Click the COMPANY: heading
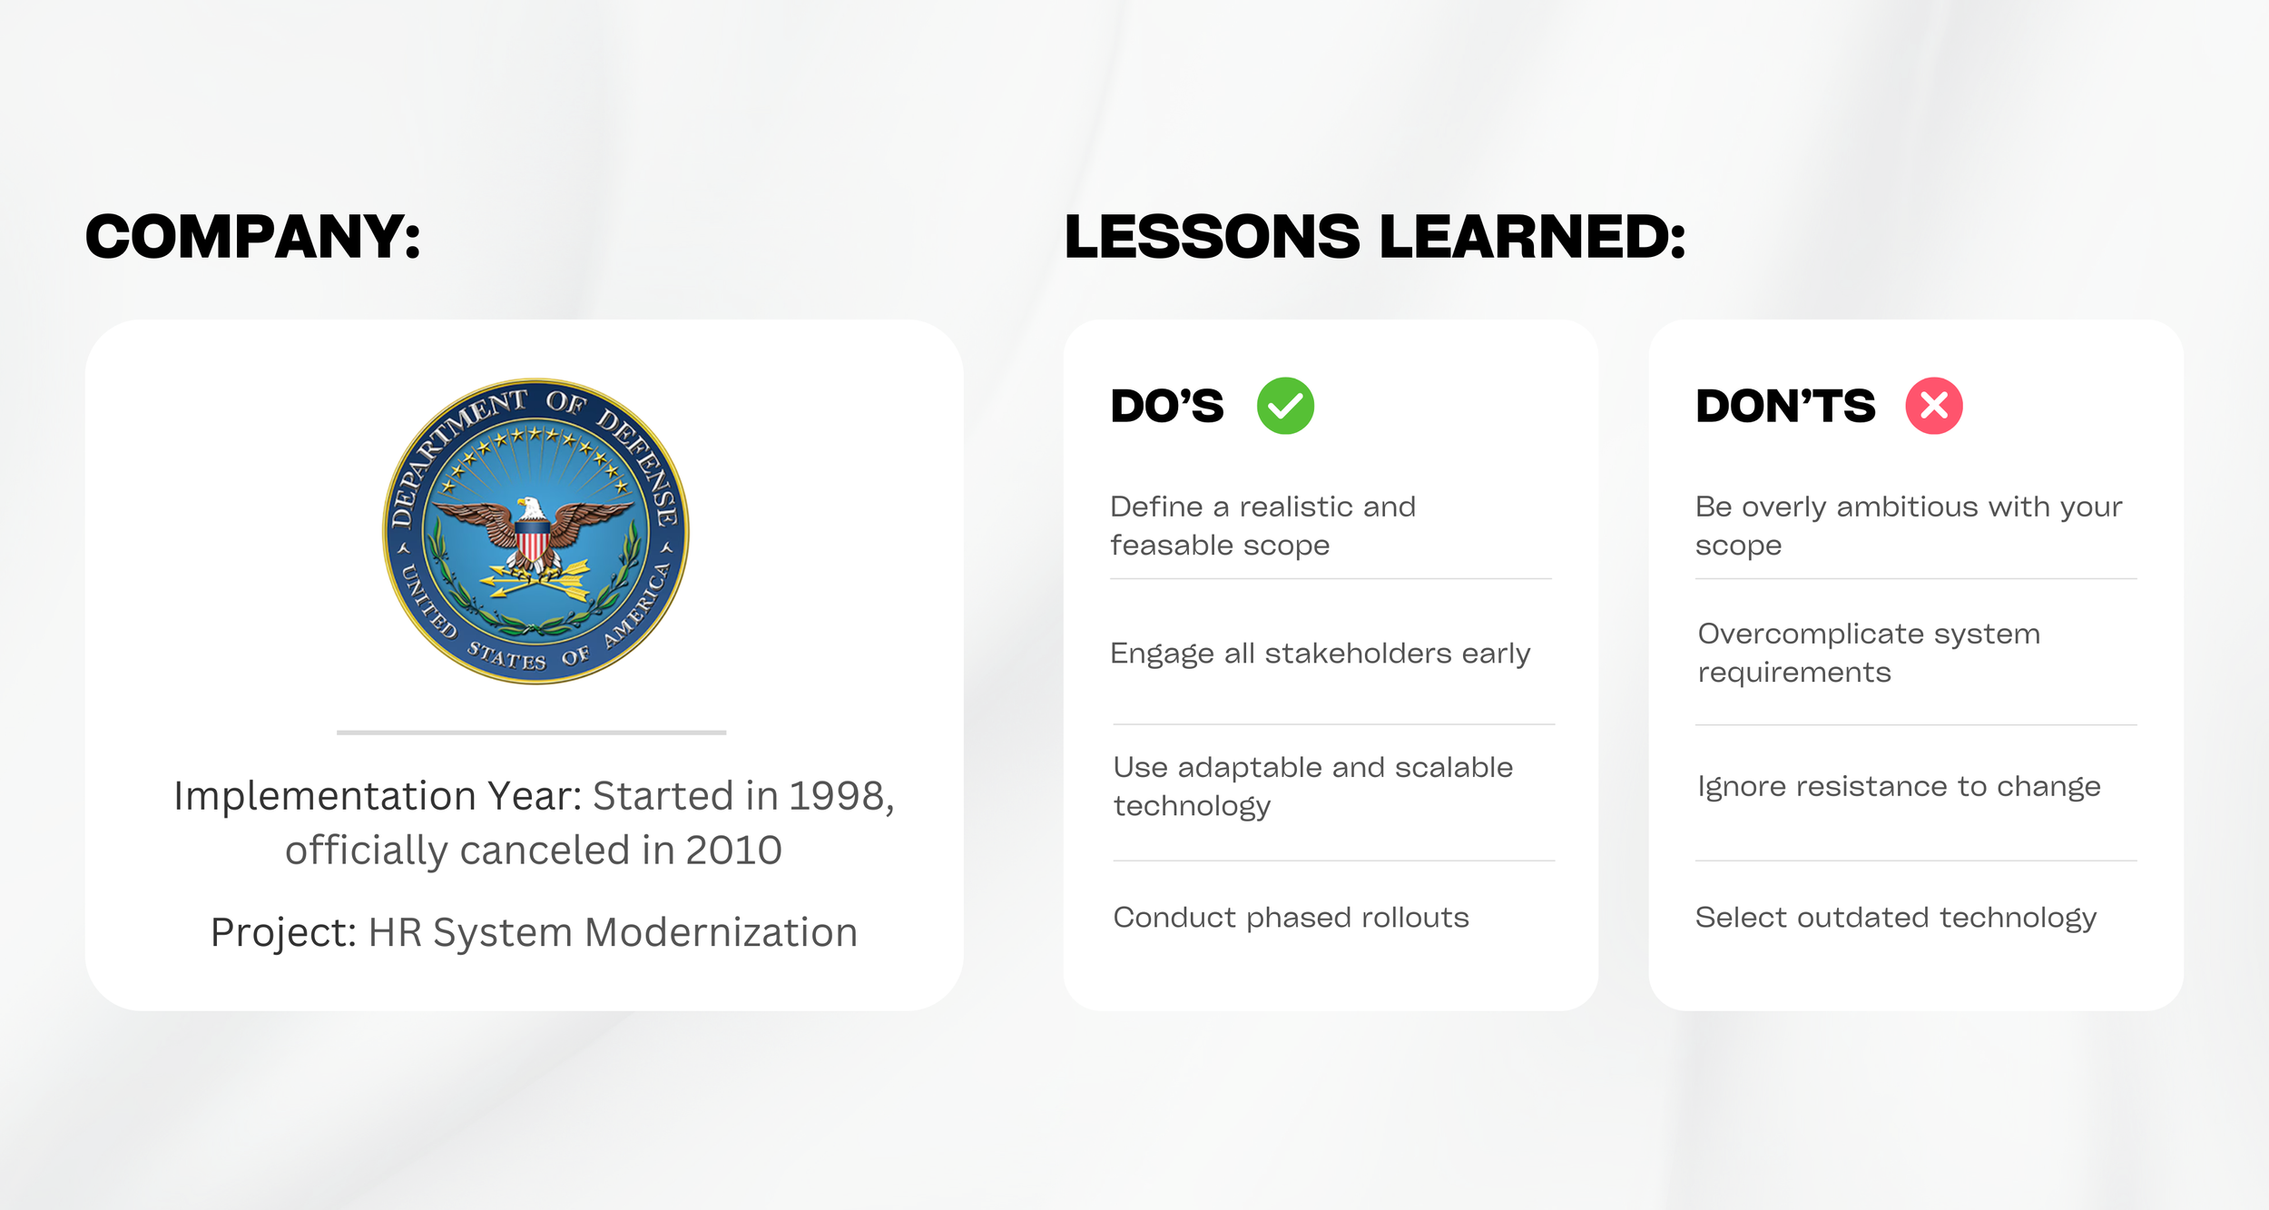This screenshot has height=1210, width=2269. coord(252,237)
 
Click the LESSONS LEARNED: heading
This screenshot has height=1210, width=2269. coord(1374,237)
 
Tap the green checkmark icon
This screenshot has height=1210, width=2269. coord(1285,406)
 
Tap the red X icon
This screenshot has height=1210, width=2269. coord(1933,406)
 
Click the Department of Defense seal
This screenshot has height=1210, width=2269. coord(535,531)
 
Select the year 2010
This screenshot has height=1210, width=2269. coord(733,851)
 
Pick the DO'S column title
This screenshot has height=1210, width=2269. coord(1167,406)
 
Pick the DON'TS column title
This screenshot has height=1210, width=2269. coord(1784,406)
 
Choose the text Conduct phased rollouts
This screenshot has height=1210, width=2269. coord(1291,918)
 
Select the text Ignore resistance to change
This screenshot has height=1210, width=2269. coord(1899,786)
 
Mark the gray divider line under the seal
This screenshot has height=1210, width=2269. coord(531,732)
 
